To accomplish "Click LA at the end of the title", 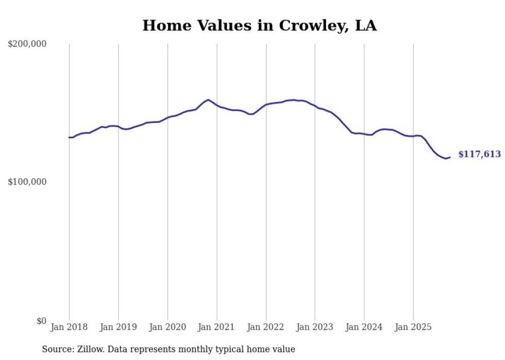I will (365, 26).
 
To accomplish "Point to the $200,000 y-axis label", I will (27, 44).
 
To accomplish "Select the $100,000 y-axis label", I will (27, 182).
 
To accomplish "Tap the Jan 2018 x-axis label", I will (69, 327).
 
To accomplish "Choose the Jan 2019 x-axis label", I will (119, 327).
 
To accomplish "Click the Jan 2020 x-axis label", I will (167, 327).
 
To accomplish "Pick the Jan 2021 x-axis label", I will (217, 327).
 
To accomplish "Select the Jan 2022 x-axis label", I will (266, 327).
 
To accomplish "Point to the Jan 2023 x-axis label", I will (315, 327).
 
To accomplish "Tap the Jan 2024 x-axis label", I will (364, 327).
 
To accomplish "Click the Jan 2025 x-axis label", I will (413, 327).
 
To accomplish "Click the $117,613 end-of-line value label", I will (479, 154).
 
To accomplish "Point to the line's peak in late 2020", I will (208, 99).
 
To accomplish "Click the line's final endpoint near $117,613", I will (450, 158).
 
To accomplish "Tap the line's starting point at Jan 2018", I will (69, 138).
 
